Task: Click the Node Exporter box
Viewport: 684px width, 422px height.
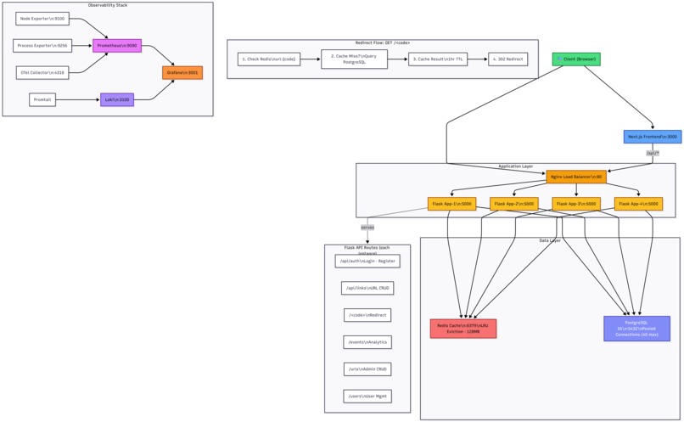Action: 42,18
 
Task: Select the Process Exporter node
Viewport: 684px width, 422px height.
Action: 42,46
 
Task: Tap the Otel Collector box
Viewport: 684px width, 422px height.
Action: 42,73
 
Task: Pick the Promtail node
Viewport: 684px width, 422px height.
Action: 42,100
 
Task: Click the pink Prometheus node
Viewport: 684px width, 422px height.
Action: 117,46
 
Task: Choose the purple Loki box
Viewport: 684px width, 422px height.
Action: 117,100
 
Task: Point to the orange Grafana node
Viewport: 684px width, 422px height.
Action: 182,73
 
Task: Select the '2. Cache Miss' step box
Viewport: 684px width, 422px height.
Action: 354,59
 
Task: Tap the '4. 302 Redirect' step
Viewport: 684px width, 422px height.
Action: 507,59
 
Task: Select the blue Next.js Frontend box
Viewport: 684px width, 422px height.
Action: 652,137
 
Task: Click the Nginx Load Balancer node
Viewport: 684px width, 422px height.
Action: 576,177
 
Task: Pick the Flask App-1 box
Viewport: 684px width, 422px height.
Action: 451,204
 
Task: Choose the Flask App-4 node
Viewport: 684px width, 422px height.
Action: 638,204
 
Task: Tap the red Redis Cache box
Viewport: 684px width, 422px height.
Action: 463,329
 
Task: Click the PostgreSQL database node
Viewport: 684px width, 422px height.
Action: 636,329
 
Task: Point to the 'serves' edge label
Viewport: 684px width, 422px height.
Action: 367,228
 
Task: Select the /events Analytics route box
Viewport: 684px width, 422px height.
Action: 367,342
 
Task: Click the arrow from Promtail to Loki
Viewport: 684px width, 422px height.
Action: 78,100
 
